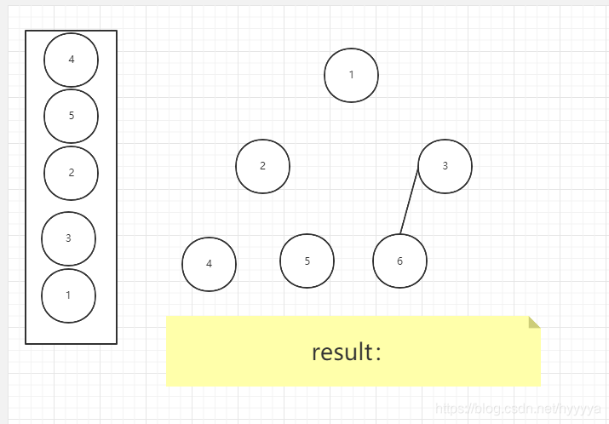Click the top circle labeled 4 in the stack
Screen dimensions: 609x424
pyautogui.click(x=71, y=60)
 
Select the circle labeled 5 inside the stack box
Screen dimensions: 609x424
pyautogui.click(x=71, y=116)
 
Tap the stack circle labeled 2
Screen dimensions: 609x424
pyautogui.click(x=71, y=173)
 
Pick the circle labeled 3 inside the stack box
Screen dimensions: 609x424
pyautogui.click(x=68, y=238)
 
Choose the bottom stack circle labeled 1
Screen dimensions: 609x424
pyautogui.click(x=68, y=295)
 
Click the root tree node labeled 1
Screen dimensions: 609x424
pyautogui.click(x=351, y=75)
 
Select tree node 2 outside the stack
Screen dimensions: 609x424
pyautogui.click(x=262, y=166)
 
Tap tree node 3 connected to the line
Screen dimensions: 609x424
pyautogui.click(x=445, y=166)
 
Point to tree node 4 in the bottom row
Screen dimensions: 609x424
pyautogui.click(x=209, y=264)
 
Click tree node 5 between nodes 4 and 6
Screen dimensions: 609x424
pyautogui.click(x=307, y=261)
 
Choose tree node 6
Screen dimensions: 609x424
pyautogui.click(x=399, y=261)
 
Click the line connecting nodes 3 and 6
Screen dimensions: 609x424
pyautogui.click(x=410, y=201)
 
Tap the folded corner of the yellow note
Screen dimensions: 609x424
pyautogui.click(x=533, y=322)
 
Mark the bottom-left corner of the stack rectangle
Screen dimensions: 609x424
pyautogui.click(x=26, y=343)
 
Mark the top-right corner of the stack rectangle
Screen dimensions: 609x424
pyautogui.click(x=117, y=32)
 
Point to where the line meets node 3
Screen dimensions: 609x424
pyautogui.click(x=419, y=169)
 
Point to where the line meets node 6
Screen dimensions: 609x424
pyautogui.click(x=400, y=233)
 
